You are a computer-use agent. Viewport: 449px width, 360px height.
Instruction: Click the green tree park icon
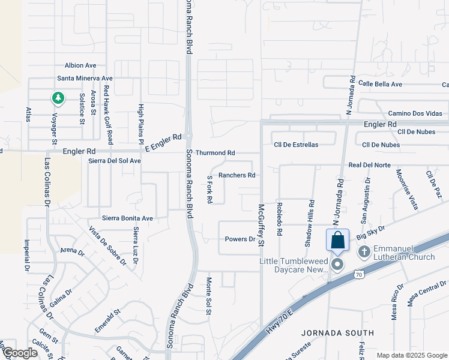coord(58,97)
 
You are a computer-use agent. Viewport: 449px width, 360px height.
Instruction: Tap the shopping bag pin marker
coord(337,241)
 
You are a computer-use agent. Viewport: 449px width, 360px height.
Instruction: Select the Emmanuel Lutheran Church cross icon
coord(364,251)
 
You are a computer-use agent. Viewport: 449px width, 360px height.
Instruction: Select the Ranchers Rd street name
coord(237,175)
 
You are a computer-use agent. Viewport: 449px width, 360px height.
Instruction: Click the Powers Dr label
coord(240,239)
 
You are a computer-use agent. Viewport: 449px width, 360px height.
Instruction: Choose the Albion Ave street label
coord(81,65)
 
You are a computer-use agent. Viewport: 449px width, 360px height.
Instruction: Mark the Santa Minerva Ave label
coord(85,78)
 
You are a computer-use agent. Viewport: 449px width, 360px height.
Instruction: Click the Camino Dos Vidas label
coord(415,113)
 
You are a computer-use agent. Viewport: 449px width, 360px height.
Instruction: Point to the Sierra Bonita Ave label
coord(127,218)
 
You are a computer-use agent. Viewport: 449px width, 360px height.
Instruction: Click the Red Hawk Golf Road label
coord(107,115)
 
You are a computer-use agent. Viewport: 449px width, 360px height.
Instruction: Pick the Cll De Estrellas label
coord(296,145)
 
